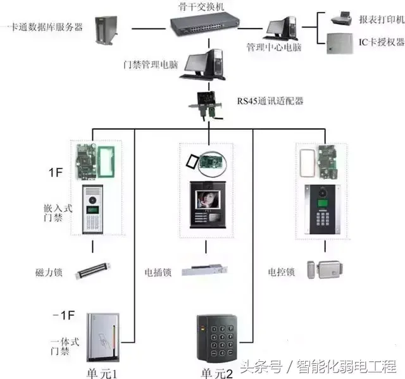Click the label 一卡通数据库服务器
tap(42, 27)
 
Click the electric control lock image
tap(320, 270)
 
